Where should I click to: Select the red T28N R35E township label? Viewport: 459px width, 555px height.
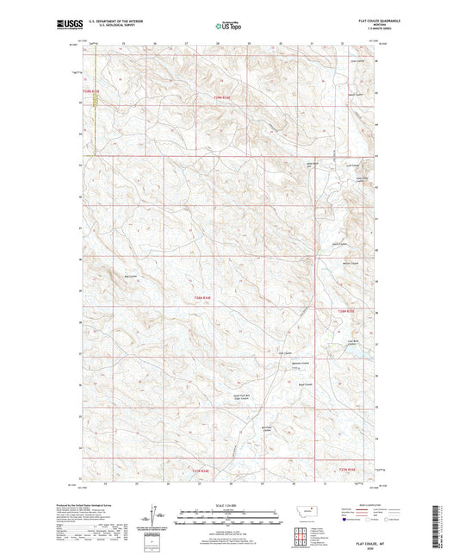click(346, 310)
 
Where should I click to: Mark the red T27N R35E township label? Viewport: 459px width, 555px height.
click(346, 471)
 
